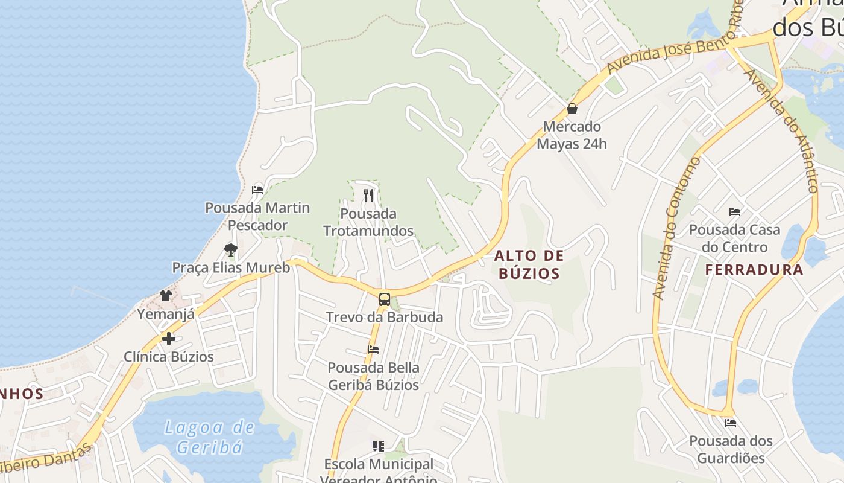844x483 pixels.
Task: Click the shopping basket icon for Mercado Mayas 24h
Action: (x=572, y=109)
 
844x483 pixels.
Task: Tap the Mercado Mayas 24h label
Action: (x=572, y=135)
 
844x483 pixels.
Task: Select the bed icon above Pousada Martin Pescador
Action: (x=257, y=190)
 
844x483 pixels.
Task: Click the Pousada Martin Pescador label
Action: (x=257, y=216)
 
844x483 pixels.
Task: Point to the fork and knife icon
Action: (x=368, y=195)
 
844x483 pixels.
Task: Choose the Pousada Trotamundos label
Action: (x=368, y=222)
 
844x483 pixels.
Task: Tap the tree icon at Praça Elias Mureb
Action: (x=230, y=249)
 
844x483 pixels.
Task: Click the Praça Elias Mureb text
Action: (x=231, y=267)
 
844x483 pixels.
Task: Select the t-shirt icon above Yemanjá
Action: (x=166, y=296)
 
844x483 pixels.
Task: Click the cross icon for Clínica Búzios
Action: (x=169, y=339)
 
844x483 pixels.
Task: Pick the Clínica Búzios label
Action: (x=169, y=357)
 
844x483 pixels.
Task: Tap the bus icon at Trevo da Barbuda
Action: (x=384, y=299)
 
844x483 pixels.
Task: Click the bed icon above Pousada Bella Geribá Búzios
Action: (x=373, y=349)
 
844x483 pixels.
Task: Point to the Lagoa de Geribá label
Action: (x=210, y=437)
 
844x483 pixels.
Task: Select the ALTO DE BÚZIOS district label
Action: (x=529, y=264)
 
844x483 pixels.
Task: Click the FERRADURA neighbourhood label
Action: (x=754, y=270)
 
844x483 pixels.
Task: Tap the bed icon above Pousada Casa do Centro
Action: (x=734, y=212)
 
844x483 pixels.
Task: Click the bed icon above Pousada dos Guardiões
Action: (x=731, y=423)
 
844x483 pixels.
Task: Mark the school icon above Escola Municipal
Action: (x=379, y=446)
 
